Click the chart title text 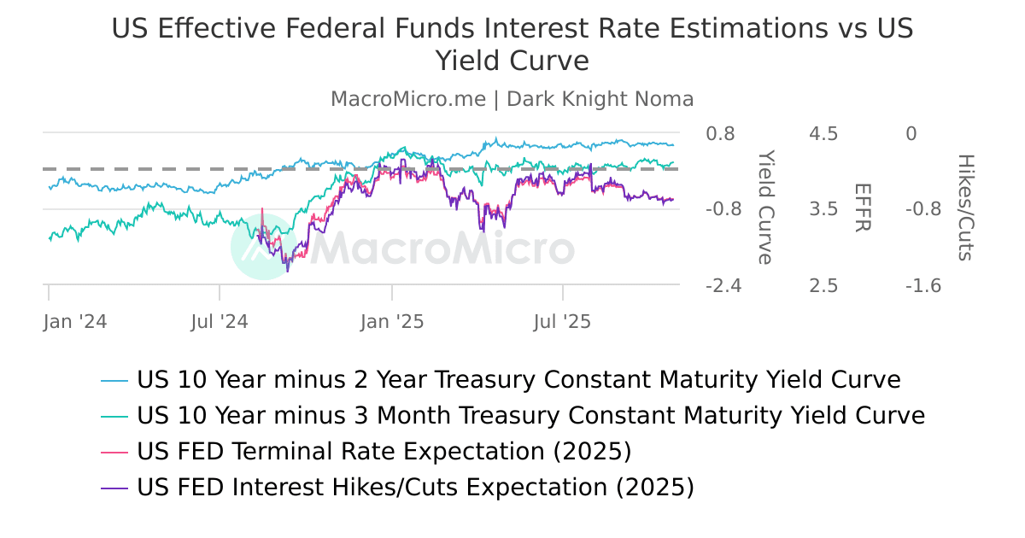click(x=512, y=44)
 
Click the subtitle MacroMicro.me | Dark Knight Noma click(x=512, y=99)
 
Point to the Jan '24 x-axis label click(x=75, y=322)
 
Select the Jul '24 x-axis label click(x=220, y=322)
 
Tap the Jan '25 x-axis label click(x=392, y=322)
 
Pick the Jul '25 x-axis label click(x=562, y=322)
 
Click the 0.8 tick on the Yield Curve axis click(x=720, y=134)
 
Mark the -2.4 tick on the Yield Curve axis click(x=723, y=285)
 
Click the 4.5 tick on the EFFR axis click(x=823, y=134)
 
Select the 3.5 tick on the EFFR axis click(x=823, y=209)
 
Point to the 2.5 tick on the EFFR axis click(x=823, y=285)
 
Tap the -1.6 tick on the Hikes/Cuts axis click(x=923, y=285)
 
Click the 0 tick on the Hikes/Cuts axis click(x=911, y=134)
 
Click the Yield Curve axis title click(x=766, y=208)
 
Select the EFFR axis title click(x=862, y=208)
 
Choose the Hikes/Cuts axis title click(x=965, y=208)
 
